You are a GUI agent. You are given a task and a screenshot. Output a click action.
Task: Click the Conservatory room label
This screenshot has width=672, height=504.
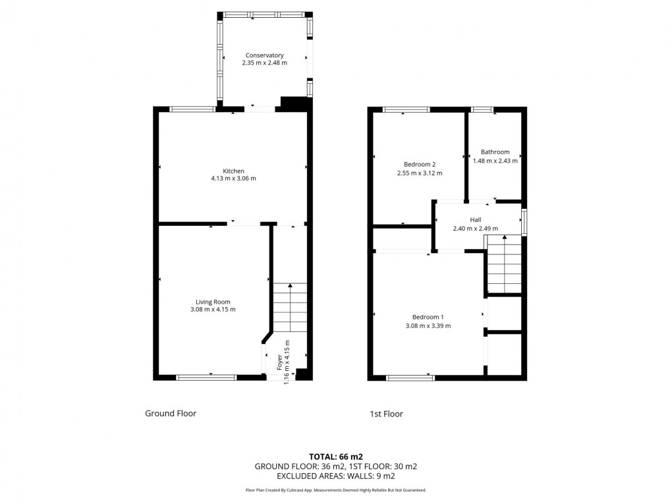[264, 55]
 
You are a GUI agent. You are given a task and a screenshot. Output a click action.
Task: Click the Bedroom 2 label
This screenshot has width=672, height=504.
[419, 164]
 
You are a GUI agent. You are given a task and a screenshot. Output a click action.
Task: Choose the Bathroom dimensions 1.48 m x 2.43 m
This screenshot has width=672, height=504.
[495, 160]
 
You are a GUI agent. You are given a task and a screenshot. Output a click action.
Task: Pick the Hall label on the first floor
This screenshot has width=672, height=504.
[475, 220]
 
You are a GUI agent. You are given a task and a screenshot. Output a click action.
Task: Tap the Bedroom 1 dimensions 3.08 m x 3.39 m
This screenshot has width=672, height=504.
[428, 325]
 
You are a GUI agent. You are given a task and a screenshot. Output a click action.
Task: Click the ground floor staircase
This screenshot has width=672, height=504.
[290, 308]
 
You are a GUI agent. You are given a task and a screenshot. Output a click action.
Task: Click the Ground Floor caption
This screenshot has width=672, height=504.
[171, 414]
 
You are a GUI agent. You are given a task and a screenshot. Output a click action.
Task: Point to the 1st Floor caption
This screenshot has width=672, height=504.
[386, 414]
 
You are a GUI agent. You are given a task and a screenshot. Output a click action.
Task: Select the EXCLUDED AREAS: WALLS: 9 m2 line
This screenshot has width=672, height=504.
[336, 476]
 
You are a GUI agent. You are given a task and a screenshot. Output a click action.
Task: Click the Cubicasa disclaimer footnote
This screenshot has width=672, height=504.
[336, 490]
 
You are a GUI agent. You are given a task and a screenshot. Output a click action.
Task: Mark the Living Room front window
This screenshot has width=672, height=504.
[206, 378]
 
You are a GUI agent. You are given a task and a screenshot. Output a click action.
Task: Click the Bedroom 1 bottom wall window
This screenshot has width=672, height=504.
[410, 378]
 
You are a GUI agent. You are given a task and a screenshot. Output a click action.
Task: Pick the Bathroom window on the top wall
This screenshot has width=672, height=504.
[482, 109]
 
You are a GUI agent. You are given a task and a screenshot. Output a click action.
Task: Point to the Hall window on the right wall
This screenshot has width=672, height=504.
[524, 222]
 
